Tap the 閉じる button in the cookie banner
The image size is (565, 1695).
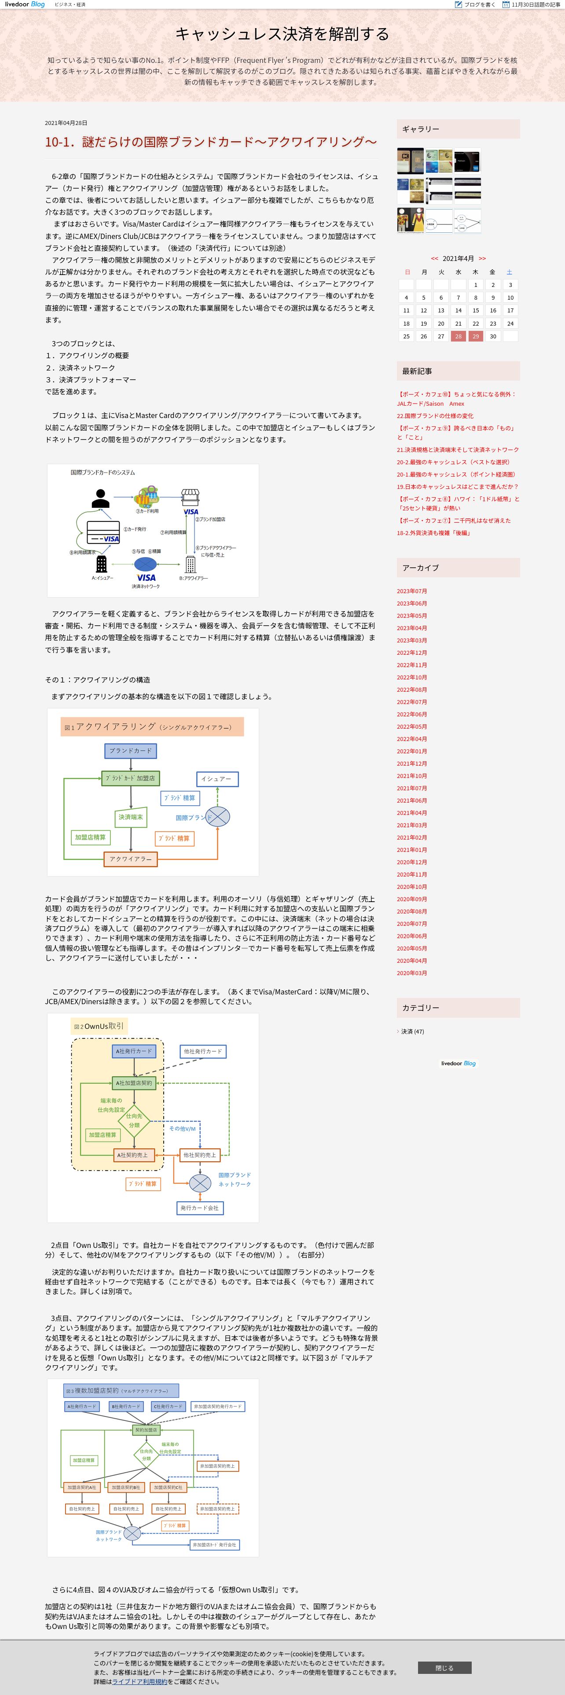click(x=444, y=1667)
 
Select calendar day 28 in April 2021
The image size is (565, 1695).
click(x=459, y=336)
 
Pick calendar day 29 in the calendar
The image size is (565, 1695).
click(x=476, y=336)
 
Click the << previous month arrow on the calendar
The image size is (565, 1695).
click(x=434, y=259)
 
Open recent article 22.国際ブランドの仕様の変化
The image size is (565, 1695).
click(x=435, y=416)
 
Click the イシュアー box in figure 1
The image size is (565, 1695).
click(x=217, y=779)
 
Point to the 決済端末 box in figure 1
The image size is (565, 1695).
click(x=130, y=817)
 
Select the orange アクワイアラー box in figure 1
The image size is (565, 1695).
click(x=130, y=859)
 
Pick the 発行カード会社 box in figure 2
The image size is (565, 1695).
click(x=200, y=1208)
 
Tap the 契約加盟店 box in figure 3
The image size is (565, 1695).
click(x=146, y=1430)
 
